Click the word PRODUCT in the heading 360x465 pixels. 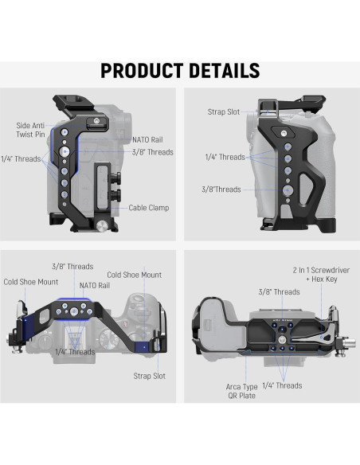[x=142, y=71]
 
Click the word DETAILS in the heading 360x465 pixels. [x=224, y=71]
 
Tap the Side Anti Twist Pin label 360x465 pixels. [x=30, y=130]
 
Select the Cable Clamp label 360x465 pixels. [x=149, y=208]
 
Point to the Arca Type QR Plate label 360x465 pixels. [x=241, y=391]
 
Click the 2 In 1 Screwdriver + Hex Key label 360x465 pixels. [x=321, y=275]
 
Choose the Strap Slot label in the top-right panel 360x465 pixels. [x=224, y=111]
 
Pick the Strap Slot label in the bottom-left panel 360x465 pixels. [x=150, y=376]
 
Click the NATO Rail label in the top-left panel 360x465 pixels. [x=147, y=139]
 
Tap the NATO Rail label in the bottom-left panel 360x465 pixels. [x=95, y=285]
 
